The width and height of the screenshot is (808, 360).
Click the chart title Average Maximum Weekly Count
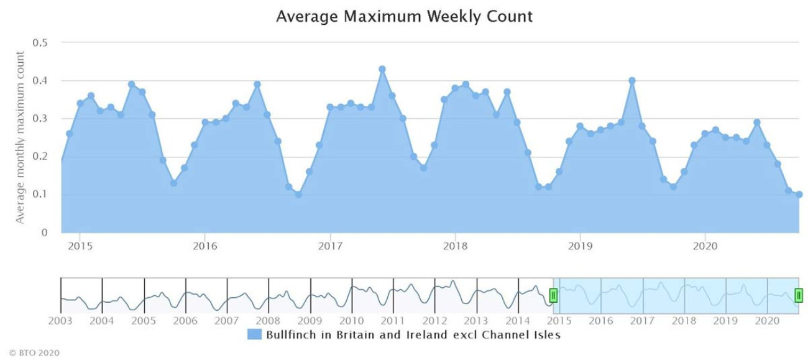(x=404, y=16)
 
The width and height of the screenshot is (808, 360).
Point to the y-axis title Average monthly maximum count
(x=20, y=137)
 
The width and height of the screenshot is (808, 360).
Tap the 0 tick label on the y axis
(x=45, y=233)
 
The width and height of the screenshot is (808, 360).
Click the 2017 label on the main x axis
(x=330, y=246)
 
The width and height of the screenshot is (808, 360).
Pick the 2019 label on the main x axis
(x=580, y=246)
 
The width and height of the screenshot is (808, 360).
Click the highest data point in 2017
(x=382, y=69)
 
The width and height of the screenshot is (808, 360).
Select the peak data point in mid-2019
(x=632, y=80)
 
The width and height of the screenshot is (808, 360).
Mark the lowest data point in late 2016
(x=298, y=195)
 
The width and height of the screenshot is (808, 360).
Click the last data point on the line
(x=799, y=194)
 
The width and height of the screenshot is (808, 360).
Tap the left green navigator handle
(x=553, y=295)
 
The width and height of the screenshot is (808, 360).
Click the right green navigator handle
(x=799, y=295)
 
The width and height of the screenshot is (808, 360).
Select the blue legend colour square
(x=254, y=335)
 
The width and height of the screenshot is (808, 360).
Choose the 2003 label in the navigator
(x=61, y=321)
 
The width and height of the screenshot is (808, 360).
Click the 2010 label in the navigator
(x=351, y=321)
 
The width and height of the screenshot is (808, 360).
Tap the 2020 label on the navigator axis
(x=767, y=321)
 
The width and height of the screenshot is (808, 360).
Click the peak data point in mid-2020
(x=757, y=122)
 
